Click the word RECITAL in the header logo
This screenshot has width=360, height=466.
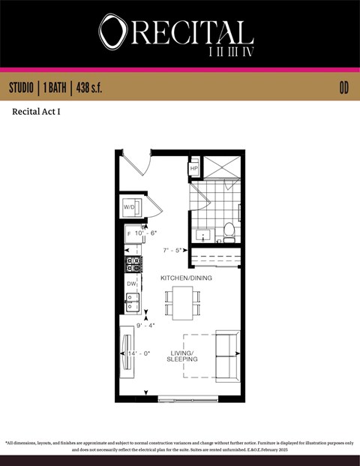pos(190,32)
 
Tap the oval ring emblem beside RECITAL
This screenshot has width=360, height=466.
pos(113,32)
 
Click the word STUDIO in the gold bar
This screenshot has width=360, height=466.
pos(25,88)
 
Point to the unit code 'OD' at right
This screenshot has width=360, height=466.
pos(343,88)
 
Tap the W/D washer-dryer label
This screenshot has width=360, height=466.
pos(128,206)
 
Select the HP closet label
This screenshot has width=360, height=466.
pos(193,169)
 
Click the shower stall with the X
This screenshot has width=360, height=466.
pos(221,168)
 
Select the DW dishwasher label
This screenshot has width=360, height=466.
pos(130,284)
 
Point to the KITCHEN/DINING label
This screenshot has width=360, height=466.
pos(186,278)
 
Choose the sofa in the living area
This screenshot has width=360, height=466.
pos(227,355)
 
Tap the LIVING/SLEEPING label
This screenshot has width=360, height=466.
pos(182,356)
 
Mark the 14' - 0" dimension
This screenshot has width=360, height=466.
pos(139,353)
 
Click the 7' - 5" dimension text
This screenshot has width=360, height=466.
pos(173,250)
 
